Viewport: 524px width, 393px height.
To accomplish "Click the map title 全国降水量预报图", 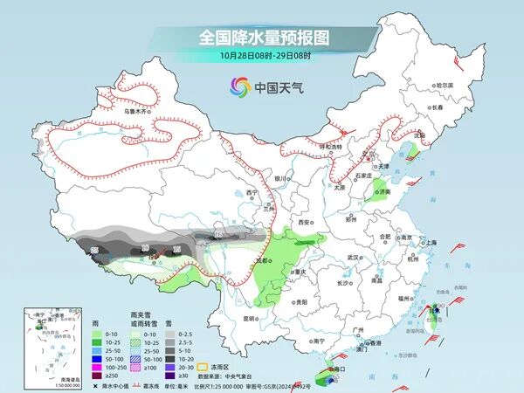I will (262, 38).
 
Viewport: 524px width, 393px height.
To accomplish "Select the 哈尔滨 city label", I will (445, 85).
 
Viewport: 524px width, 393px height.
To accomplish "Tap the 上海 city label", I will (429, 243).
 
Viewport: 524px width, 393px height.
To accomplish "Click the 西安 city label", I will (305, 224).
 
